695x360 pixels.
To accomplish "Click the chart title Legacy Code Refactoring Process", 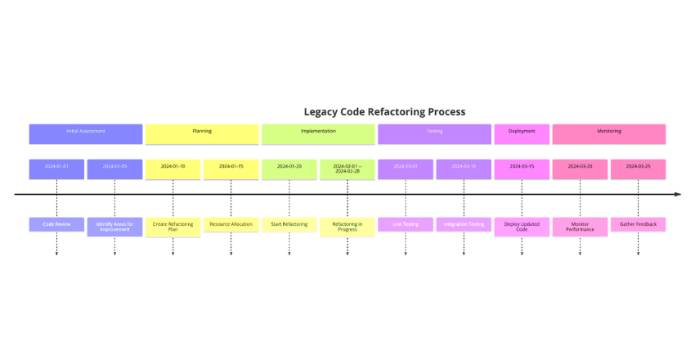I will coord(384,111).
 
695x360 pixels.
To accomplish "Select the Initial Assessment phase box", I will coord(86,132).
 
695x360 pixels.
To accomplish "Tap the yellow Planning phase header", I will coord(202,132).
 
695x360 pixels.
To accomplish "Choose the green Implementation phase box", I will coord(318,132).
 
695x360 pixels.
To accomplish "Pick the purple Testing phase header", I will coord(434,132).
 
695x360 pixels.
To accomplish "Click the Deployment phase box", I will coord(522,132).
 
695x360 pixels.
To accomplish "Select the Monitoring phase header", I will coord(608,132).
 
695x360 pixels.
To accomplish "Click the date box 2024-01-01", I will coord(56,168).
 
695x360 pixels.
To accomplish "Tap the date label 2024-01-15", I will coord(231,167).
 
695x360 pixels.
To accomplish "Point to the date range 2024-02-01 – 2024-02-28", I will coord(347,169).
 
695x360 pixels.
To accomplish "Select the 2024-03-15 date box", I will coord(522,168).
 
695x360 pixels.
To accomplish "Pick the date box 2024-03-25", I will coord(638,168).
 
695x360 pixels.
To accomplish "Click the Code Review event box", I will coord(56,224).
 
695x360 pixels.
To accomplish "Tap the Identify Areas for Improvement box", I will coord(114,227).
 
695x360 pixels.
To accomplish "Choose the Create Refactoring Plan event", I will coord(173,227).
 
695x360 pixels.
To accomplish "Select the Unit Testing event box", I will coord(406,224).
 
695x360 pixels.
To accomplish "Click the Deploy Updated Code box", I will coord(522,227).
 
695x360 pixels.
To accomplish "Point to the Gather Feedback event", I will coord(638,224).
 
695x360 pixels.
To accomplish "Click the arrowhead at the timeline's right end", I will coord(677,195).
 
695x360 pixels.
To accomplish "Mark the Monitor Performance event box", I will coord(580,227).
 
